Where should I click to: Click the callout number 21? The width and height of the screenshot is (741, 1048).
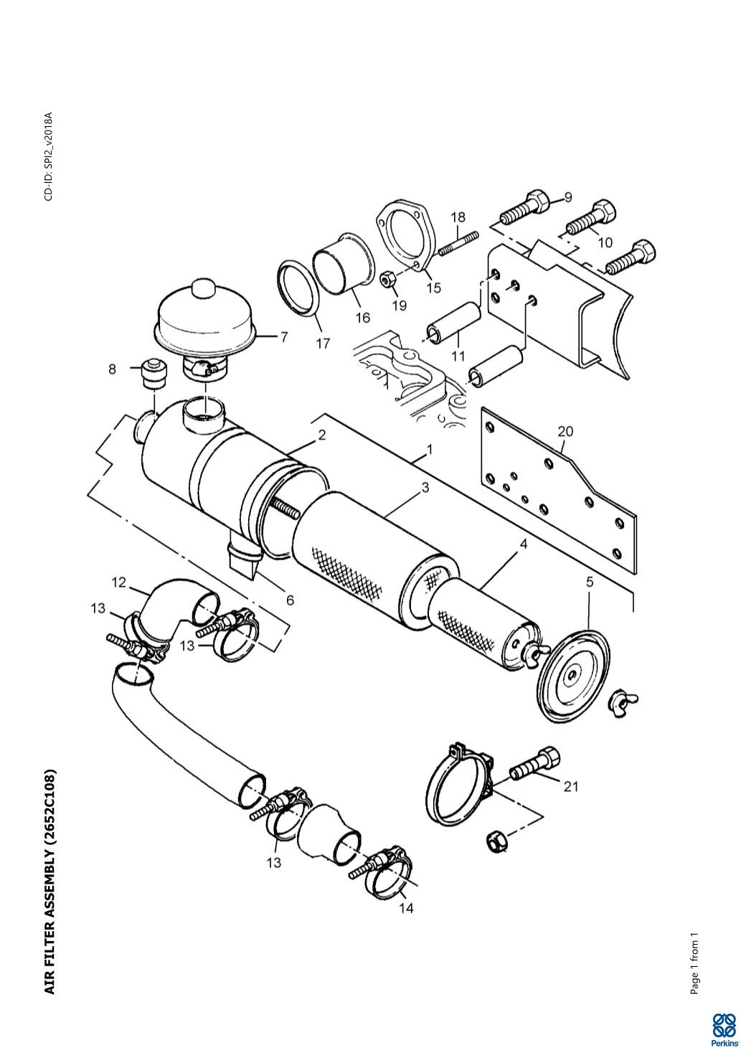(x=570, y=786)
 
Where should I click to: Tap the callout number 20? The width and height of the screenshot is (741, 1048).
(x=565, y=431)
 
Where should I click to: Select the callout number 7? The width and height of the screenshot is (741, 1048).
(x=284, y=336)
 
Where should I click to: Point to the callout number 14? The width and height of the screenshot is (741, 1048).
(x=406, y=907)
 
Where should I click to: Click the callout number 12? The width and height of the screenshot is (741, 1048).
(x=119, y=582)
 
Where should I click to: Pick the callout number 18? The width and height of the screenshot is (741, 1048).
(x=458, y=217)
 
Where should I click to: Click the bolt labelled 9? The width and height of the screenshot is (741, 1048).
(x=526, y=205)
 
